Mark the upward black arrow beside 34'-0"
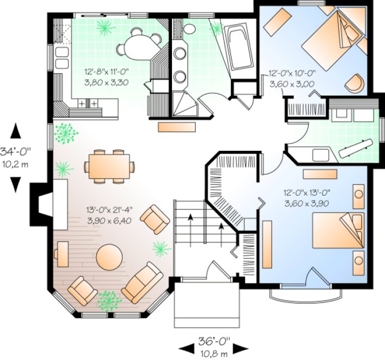coord(16,131)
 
